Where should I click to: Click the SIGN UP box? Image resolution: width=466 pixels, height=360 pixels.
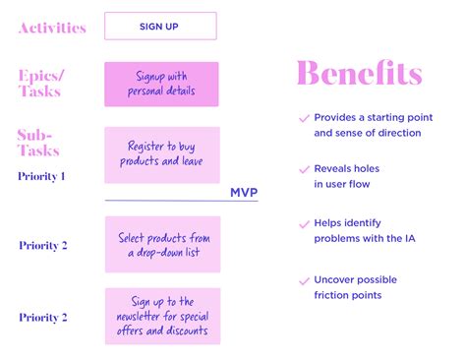click(160, 26)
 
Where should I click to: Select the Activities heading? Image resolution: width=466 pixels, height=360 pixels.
click(51, 28)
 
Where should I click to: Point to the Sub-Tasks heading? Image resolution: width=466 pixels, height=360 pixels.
click(38, 143)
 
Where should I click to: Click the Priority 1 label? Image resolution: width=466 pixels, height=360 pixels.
click(41, 177)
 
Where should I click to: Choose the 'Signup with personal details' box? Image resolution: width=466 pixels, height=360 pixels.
click(162, 85)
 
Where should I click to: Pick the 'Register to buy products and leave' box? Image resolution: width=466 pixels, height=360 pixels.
click(162, 154)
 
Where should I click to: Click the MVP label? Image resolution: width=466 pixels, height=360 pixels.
click(244, 193)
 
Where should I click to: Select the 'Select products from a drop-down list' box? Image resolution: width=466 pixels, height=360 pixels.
click(162, 244)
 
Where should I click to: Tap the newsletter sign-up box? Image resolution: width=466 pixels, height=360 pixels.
click(162, 316)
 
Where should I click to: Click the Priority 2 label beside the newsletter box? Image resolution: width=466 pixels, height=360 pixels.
click(43, 318)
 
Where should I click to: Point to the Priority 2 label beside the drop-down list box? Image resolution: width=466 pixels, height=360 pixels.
click(43, 245)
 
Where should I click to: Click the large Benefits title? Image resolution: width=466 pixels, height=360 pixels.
click(359, 74)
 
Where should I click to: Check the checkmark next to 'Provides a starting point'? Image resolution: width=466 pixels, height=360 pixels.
click(303, 117)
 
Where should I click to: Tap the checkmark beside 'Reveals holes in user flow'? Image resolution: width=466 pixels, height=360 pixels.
click(303, 169)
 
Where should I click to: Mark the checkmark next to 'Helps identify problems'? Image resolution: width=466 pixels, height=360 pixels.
click(303, 223)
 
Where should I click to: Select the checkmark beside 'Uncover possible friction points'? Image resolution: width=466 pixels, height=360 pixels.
click(303, 279)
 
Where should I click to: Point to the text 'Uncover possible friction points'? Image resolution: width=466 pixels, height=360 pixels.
click(355, 286)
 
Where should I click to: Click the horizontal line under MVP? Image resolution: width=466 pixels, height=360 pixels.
click(177, 201)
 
